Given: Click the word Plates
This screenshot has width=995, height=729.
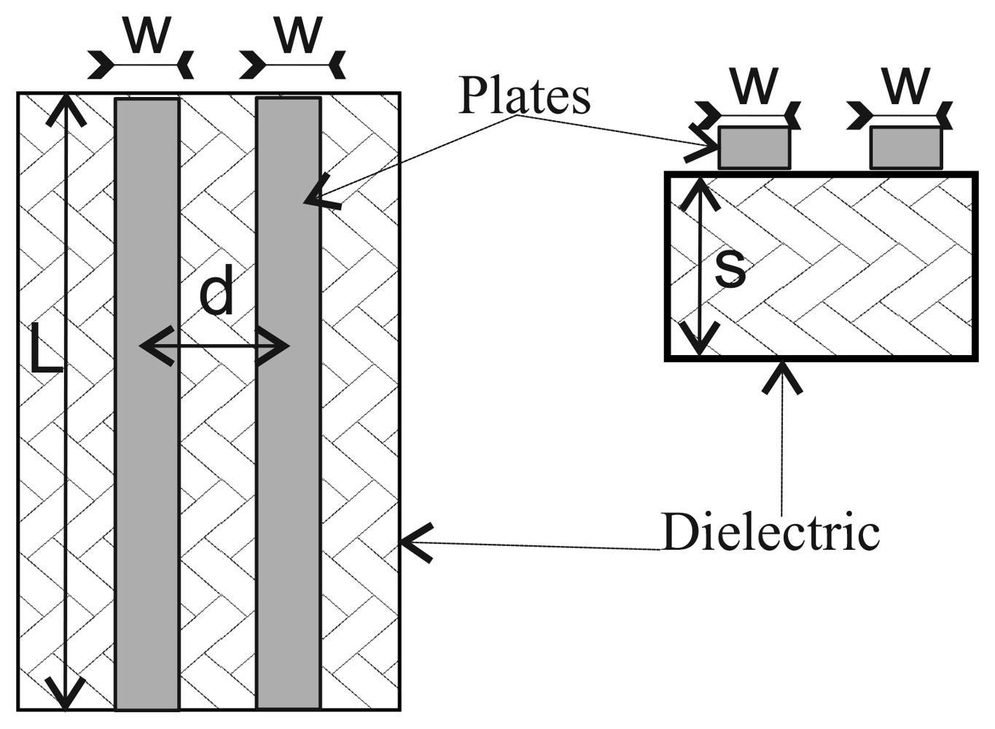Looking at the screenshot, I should pyautogui.click(x=524, y=96).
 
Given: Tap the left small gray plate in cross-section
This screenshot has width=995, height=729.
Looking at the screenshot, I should pyautogui.click(x=754, y=148).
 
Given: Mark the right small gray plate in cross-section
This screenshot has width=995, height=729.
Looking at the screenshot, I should pyautogui.click(x=905, y=148).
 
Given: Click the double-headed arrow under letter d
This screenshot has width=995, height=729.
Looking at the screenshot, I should pyautogui.click(x=214, y=346).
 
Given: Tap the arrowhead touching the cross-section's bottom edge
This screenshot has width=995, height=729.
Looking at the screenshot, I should pyautogui.click(x=782, y=375).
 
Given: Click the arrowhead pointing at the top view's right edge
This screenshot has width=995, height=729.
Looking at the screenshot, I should pyautogui.click(x=415, y=542).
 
